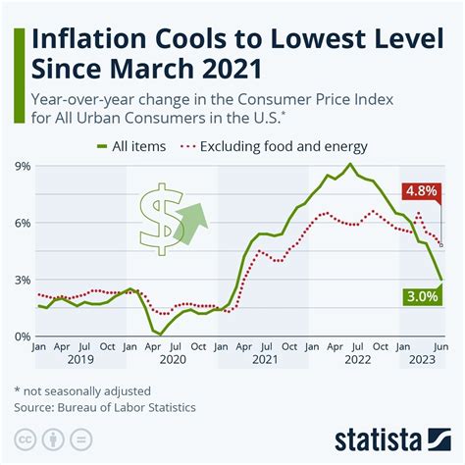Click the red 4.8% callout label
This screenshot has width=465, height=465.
(x=422, y=191)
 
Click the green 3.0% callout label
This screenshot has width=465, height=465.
(x=422, y=295)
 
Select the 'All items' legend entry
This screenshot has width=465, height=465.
(x=127, y=147)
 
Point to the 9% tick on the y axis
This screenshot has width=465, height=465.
(x=21, y=167)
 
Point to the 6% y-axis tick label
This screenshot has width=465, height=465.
(x=21, y=224)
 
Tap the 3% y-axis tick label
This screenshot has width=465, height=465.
(x=21, y=281)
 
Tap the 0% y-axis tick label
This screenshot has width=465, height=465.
(x=21, y=336)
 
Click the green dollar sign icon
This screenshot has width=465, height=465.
(x=157, y=218)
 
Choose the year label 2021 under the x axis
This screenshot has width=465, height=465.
(x=263, y=361)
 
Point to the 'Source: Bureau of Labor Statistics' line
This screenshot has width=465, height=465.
(x=106, y=406)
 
